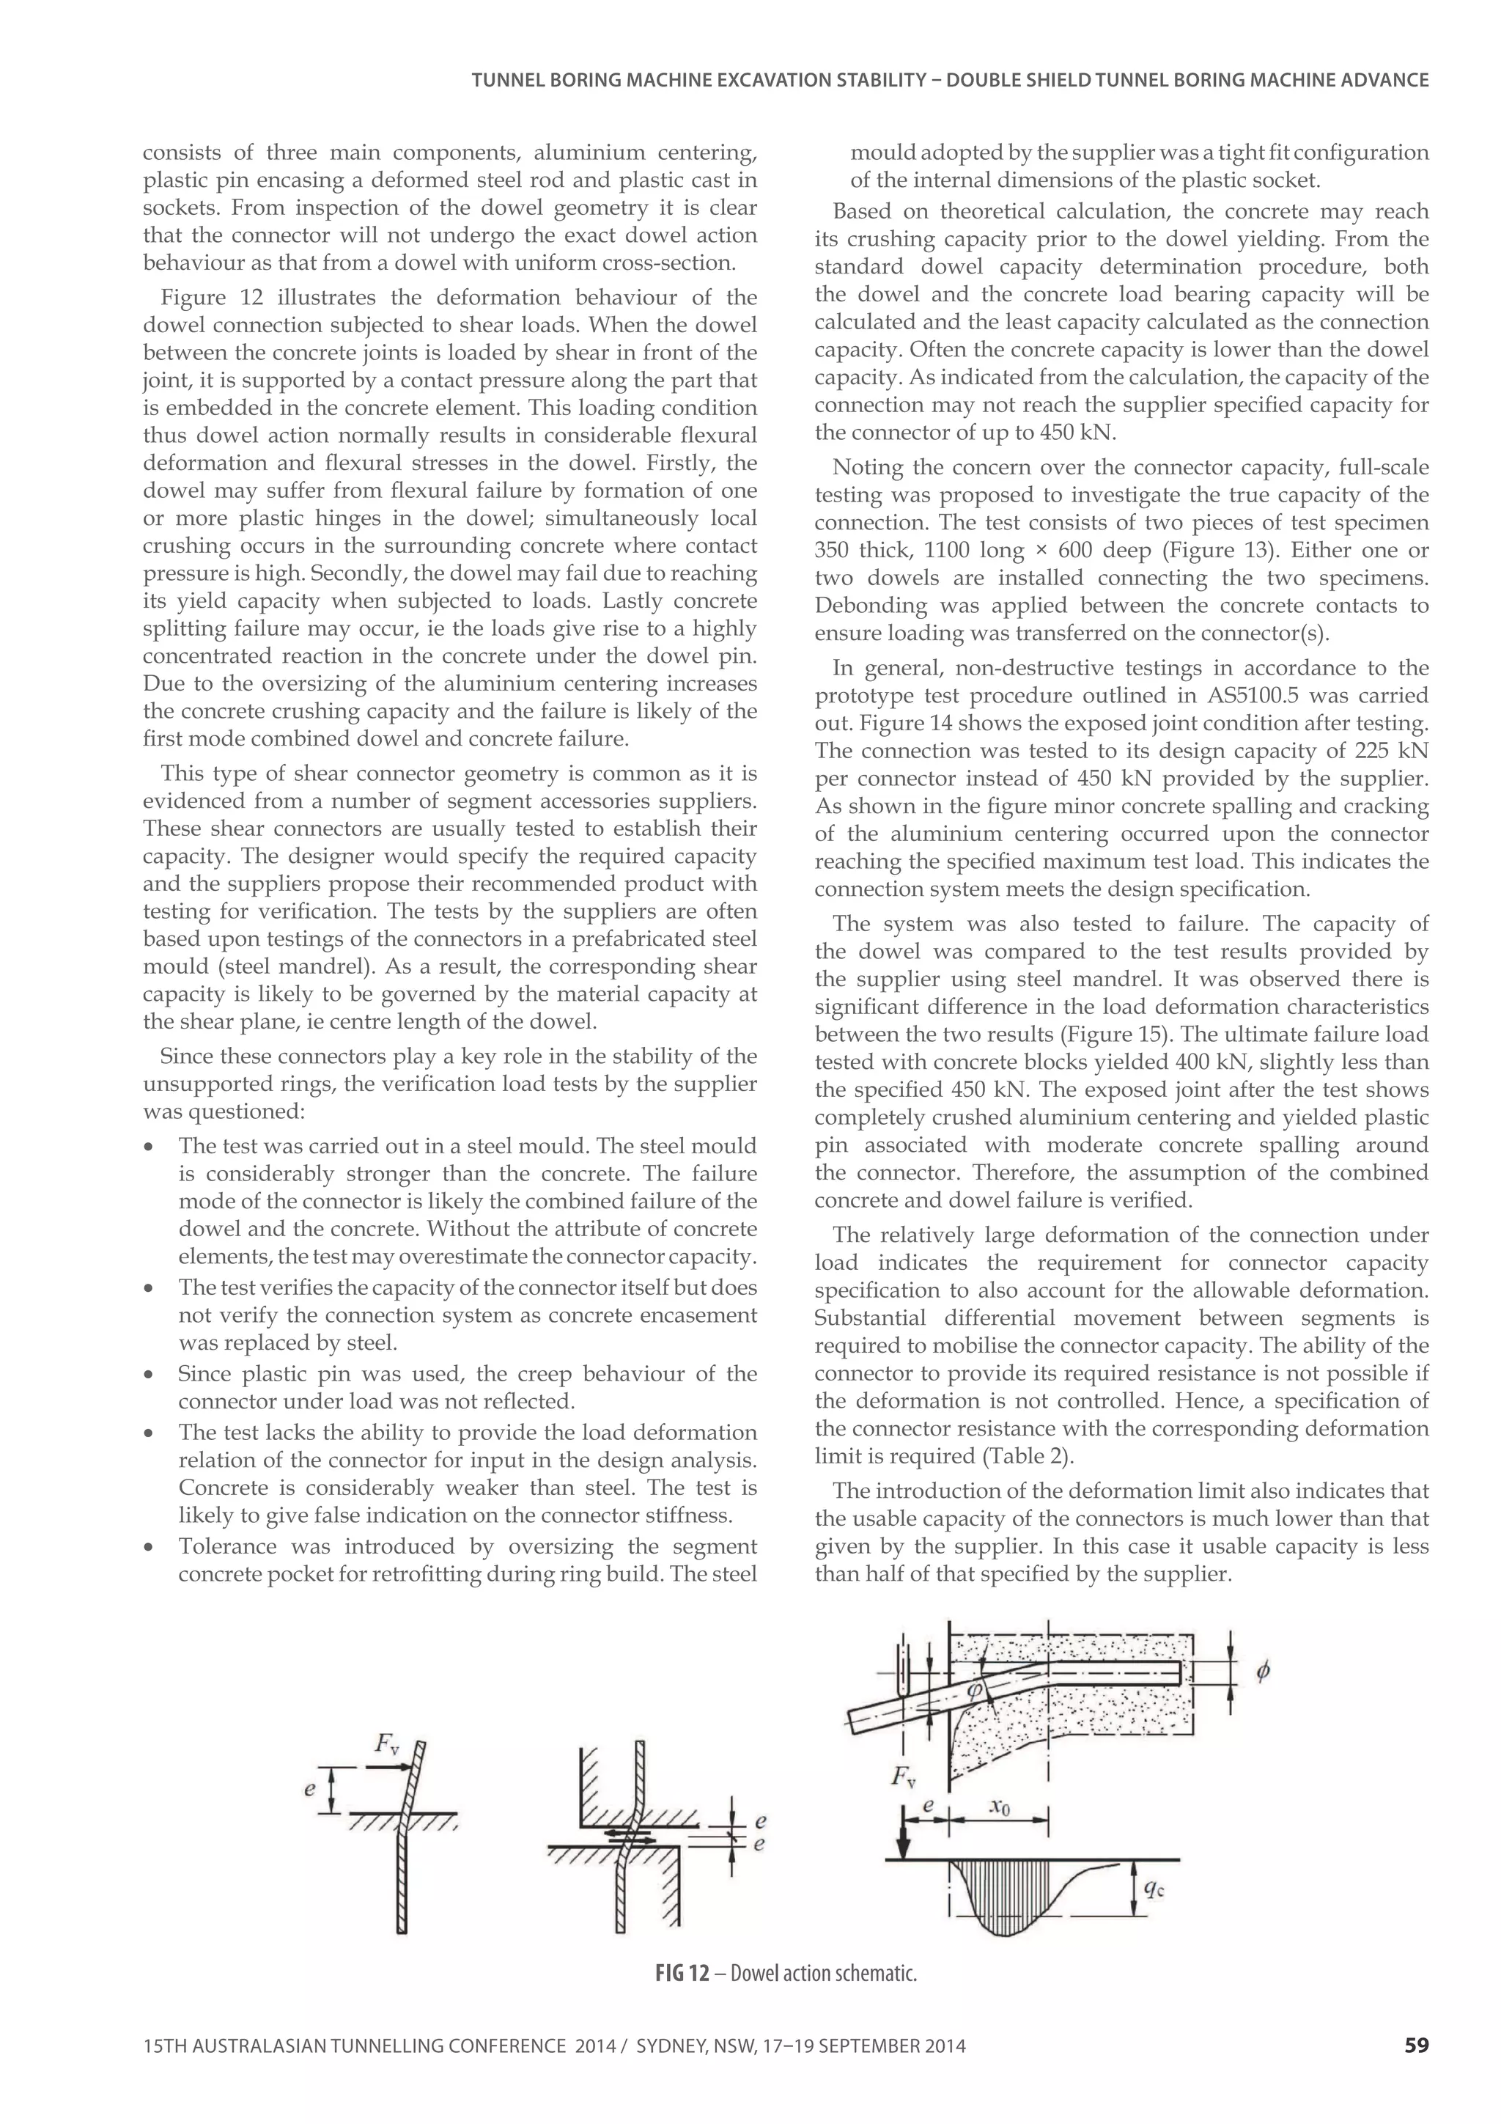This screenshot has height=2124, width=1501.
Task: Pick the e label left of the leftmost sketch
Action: click(x=311, y=1788)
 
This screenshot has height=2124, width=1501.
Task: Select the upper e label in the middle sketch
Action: click(x=760, y=1820)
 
